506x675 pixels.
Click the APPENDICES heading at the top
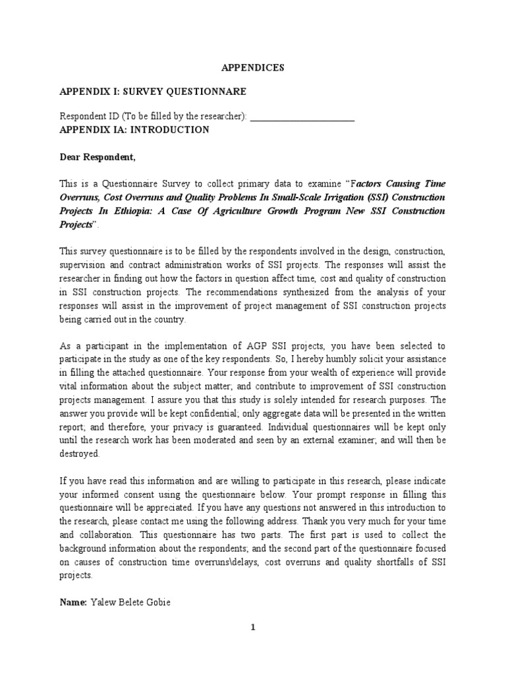[x=252, y=67]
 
